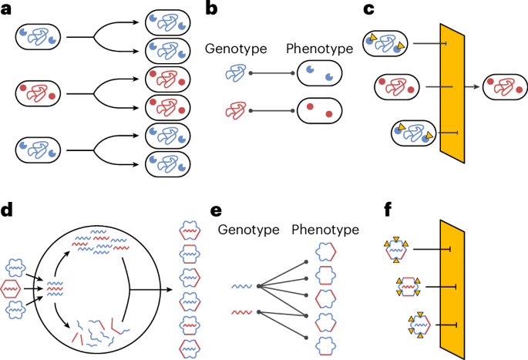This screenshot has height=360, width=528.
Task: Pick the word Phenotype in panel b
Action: point(318,48)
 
